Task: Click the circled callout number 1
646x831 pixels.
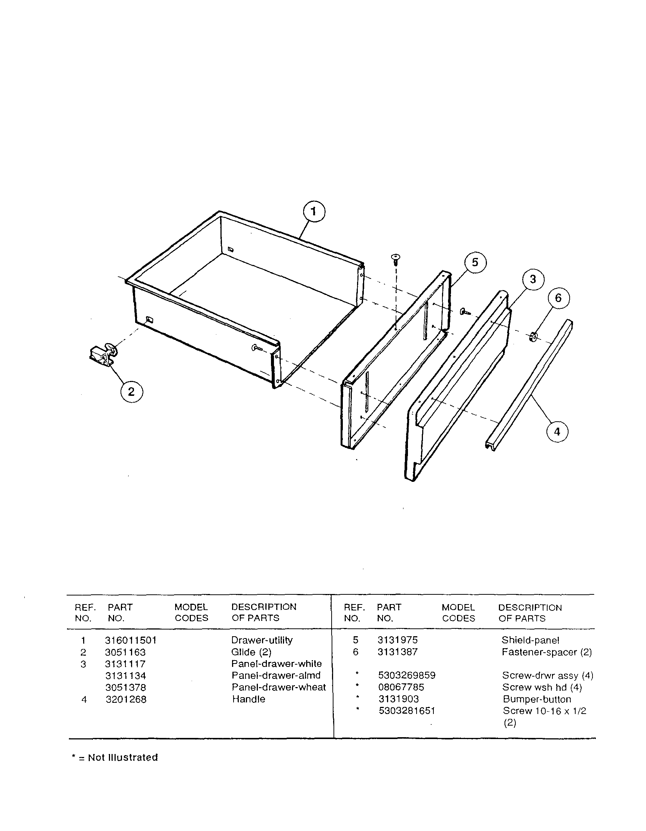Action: [x=314, y=212]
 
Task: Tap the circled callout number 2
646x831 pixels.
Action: [x=131, y=391]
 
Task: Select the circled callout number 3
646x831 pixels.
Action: [x=533, y=279]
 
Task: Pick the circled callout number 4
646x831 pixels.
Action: [x=557, y=432]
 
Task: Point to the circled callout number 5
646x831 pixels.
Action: [x=475, y=262]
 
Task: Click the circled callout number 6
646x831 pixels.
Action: [x=558, y=298]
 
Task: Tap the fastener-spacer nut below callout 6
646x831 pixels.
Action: [x=533, y=336]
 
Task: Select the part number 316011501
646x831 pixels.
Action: [x=131, y=640]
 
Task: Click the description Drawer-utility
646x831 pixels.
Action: [x=262, y=640]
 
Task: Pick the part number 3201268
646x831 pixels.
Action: [x=126, y=699]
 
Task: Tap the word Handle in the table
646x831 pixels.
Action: [x=249, y=699]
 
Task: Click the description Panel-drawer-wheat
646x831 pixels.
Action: [x=278, y=687]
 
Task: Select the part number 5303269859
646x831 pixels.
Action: [x=406, y=675]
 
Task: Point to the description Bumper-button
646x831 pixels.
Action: [x=537, y=699]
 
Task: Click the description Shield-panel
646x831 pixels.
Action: [x=530, y=640]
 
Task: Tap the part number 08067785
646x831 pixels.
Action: [x=401, y=687]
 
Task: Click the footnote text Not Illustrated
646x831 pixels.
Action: [x=123, y=758]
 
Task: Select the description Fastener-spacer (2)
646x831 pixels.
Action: [x=546, y=652]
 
